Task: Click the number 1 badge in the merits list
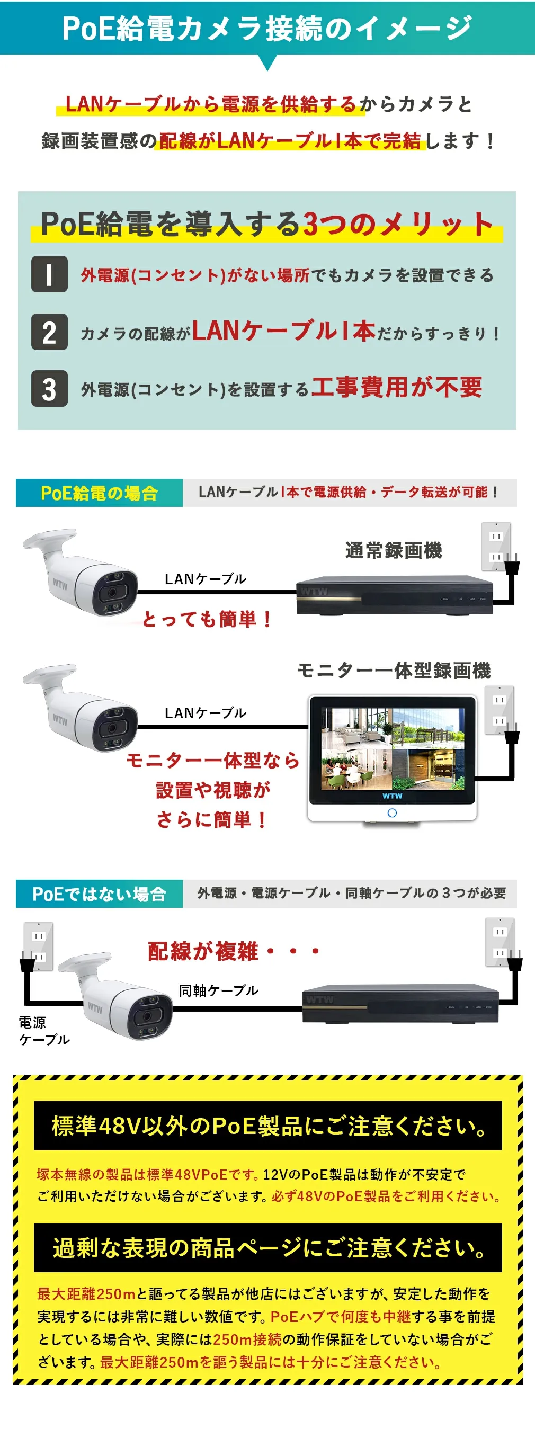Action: pyautogui.click(x=49, y=274)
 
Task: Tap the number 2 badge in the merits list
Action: pyautogui.click(x=49, y=332)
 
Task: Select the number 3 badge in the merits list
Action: pyautogui.click(x=49, y=388)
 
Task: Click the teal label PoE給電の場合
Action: pyautogui.click(x=100, y=493)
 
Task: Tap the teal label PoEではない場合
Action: pyautogui.click(x=100, y=893)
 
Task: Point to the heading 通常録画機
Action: pyautogui.click(x=394, y=550)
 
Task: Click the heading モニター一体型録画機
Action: pyautogui.click(x=394, y=670)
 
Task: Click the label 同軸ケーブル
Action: pyautogui.click(x=219, y=990)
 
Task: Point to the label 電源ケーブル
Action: pyautogui.click(x=44, y=1031)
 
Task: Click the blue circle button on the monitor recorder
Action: pyautogui.click(x=393, y=812)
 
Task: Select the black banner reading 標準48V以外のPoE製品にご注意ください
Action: pyautogui.click(x=268, y=1126)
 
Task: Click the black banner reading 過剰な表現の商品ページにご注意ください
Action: pyautogui.click(x=268, y=1248)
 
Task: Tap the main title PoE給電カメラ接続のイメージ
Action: pyautogui.click(x=267, y=28)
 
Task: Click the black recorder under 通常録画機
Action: pyautogui.click(x=395, y=596)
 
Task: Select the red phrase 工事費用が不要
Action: pyautogui.click(x=397, y=387)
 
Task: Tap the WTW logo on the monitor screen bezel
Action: pyautogui.click(x=393, y=796)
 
